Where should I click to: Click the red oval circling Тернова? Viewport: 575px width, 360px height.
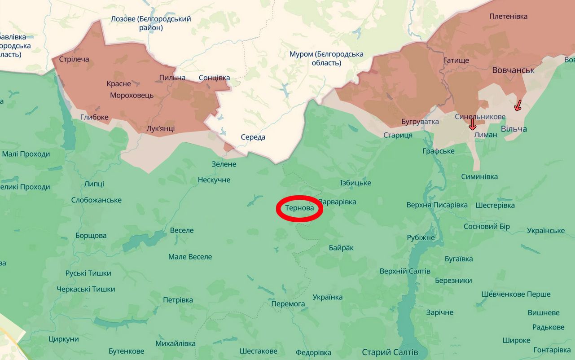299,209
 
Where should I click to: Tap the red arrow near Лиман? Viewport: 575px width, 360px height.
472,124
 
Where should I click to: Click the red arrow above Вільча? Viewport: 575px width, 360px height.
518,105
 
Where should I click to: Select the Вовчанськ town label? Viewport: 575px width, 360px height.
513,70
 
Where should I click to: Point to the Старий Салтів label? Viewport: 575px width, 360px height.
390,352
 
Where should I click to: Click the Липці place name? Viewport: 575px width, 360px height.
94,184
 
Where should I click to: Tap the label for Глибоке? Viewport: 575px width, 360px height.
94,117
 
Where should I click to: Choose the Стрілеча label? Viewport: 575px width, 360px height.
74,59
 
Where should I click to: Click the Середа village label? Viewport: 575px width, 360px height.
253,137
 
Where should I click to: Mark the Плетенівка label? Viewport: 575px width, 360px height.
508,17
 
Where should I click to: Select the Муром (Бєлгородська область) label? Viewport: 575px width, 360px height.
326,58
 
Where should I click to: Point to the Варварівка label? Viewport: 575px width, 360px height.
337,202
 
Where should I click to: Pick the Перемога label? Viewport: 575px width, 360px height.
288,304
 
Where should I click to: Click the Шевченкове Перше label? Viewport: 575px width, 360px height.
516,294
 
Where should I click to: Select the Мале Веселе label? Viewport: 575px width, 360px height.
190,257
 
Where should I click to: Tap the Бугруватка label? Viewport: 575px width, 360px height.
420,122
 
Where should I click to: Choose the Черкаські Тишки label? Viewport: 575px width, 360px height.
86,290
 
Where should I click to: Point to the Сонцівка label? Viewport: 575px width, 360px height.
214,78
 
